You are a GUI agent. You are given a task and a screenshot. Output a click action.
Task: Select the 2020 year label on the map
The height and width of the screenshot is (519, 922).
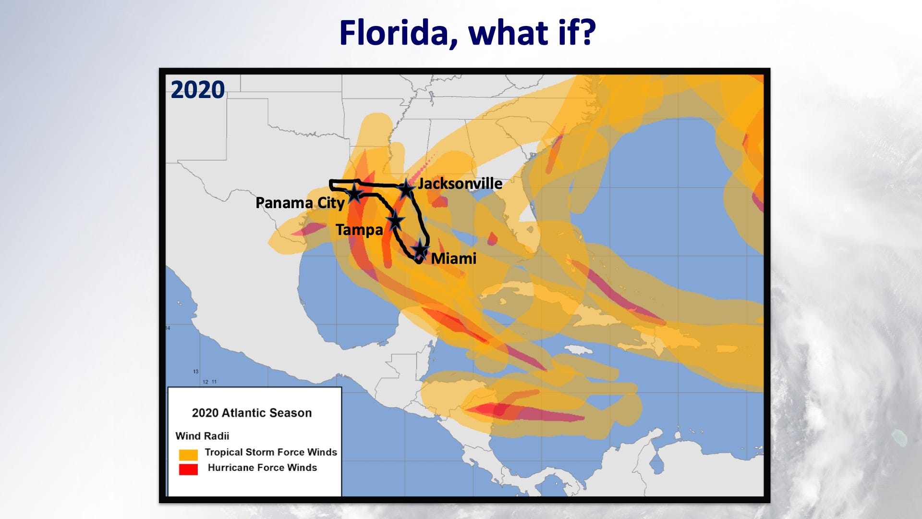tap(197, 90)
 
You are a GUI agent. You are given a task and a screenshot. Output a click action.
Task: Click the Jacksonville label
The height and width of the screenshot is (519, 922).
tap(460, 184)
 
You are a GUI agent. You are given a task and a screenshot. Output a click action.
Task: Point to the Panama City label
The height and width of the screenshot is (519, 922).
tap(300, 203)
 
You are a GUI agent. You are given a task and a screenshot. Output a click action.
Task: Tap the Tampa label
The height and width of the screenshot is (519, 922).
tap(359, 230)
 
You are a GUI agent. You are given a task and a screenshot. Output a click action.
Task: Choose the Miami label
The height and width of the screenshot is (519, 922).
tap(453, 259)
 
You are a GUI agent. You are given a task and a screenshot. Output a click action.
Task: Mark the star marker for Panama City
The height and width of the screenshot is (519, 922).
tap(354, 193)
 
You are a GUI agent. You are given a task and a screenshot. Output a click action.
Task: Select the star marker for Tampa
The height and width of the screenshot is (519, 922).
tap(395, 221)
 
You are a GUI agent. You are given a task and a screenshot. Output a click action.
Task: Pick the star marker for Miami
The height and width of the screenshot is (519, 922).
tap(420, 249)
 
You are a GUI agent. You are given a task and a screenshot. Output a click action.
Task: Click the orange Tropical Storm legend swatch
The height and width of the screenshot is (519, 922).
tap(188, 455)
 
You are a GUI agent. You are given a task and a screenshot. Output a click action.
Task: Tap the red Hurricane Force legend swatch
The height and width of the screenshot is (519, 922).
tap(188, 469)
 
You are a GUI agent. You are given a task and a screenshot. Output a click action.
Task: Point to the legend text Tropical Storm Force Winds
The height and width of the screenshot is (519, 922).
tap(271, 452)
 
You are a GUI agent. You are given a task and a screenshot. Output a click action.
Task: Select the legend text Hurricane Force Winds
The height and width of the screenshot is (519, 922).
tap(262, 468)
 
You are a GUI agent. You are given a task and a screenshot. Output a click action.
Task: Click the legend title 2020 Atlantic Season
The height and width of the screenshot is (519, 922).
tap(252, 413)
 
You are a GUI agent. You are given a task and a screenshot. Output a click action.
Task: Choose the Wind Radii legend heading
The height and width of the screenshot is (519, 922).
tap(202, 436)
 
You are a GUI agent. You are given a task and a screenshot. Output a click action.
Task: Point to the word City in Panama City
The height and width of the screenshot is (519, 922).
tap(331, 203)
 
